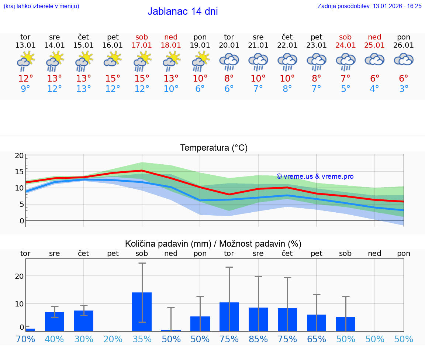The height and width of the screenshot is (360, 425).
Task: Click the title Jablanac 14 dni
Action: click(183, 11)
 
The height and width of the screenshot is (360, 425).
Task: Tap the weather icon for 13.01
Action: click(25, 61)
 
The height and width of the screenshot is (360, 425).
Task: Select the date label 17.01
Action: click(142, 45)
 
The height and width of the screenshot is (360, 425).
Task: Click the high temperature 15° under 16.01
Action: click(113, 78)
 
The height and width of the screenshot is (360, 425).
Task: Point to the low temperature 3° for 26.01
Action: click(404, 89)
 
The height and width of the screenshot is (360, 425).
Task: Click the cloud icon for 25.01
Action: click(374, 59)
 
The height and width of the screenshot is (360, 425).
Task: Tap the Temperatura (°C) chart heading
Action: click(214, 148)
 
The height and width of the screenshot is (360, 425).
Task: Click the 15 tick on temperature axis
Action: click(19, 172)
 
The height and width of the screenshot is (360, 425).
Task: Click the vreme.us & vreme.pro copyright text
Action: click(315, 176)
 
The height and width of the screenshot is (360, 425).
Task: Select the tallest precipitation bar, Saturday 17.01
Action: click(142, 312)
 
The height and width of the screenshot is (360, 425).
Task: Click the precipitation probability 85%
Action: click(258, 339)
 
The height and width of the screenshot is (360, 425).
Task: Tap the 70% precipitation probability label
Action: click(25, 339)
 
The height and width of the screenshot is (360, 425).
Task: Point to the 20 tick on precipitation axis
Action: click(19, 276)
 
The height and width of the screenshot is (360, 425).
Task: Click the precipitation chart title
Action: click(213, 244)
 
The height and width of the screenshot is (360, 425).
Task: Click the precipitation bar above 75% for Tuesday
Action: click(229, 317)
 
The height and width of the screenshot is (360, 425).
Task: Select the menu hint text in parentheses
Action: click(41, 6)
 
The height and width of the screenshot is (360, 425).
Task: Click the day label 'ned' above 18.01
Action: click(171, 37)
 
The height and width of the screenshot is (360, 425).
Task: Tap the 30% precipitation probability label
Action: click(84, 339)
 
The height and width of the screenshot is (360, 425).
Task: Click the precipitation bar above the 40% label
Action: click(55, 322)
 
